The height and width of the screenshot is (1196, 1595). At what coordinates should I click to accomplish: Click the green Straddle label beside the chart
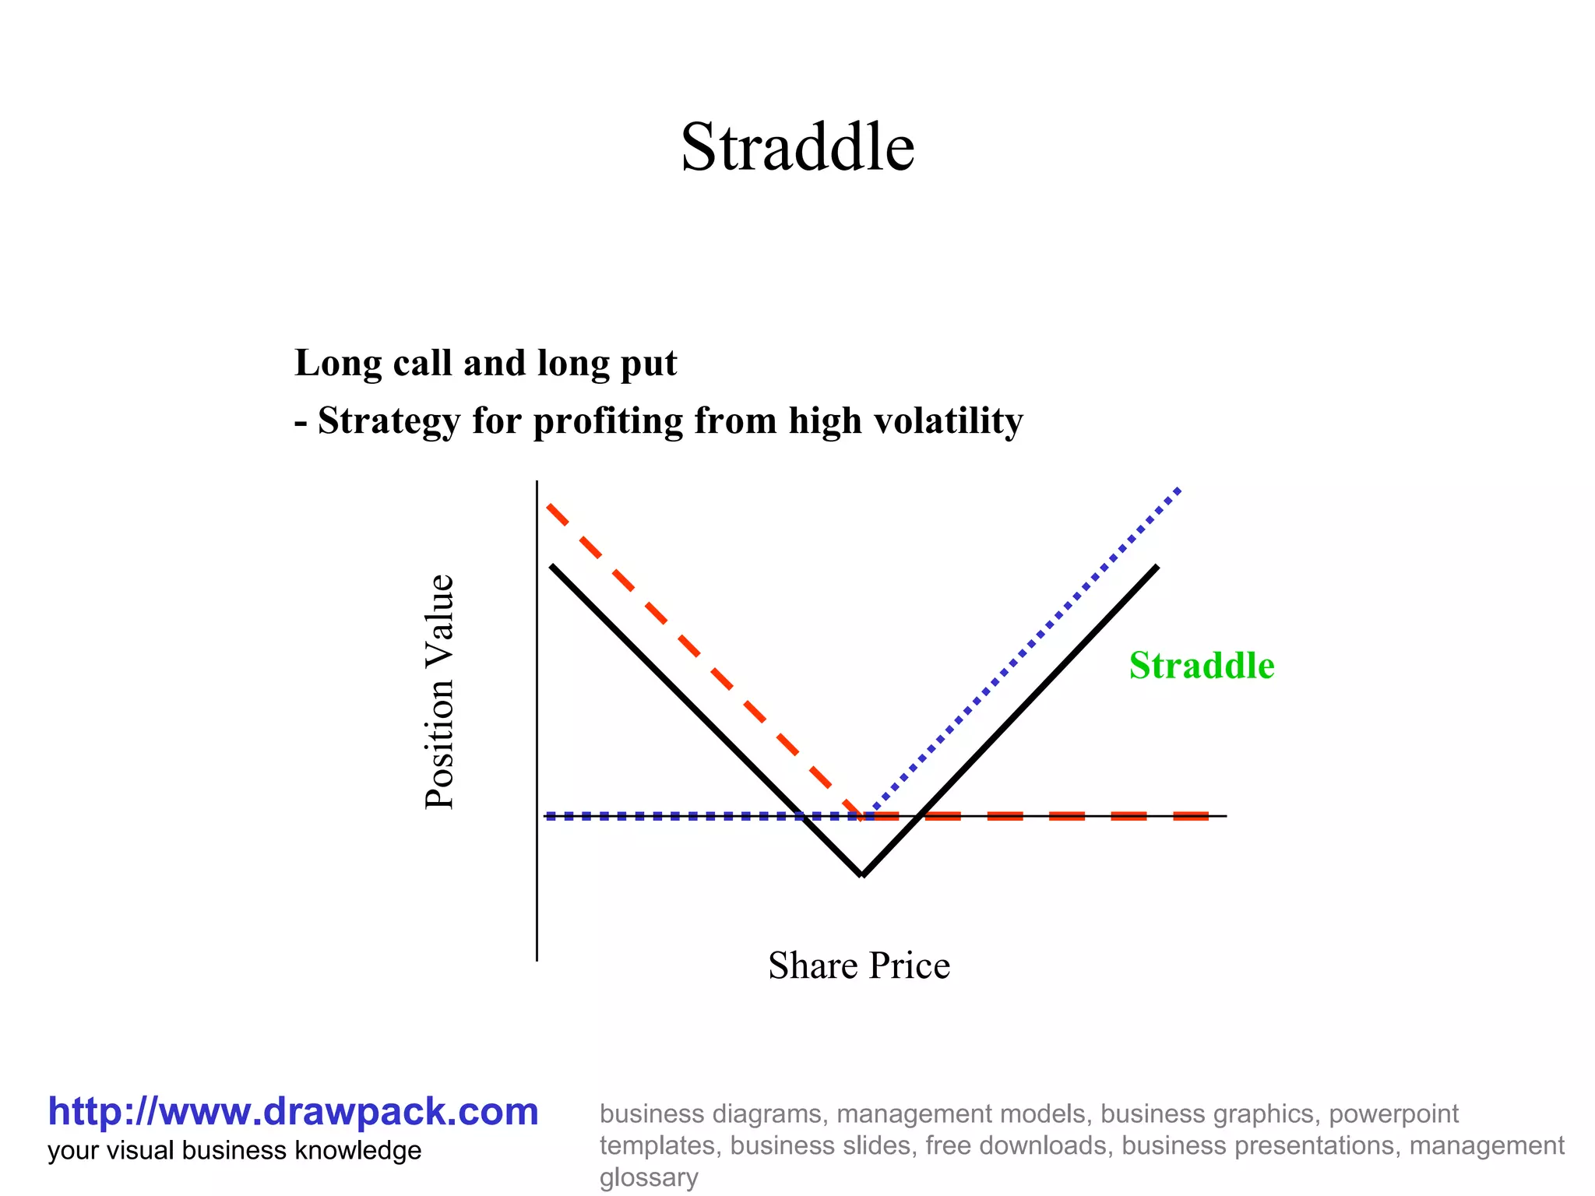(x=1201, y=666)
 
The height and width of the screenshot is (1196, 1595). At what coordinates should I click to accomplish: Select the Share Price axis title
(x=858, y=966)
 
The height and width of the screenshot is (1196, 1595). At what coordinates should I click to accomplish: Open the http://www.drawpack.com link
(x=293, y=1111)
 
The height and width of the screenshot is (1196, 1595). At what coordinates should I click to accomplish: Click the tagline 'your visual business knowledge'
(x=234, y=1150)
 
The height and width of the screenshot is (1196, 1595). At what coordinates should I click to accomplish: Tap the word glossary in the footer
(x=648, y=1177)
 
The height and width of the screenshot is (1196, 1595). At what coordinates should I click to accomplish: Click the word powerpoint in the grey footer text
(x=1393, y=1113)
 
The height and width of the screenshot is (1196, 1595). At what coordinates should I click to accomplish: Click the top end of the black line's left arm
(x=552, y=566)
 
